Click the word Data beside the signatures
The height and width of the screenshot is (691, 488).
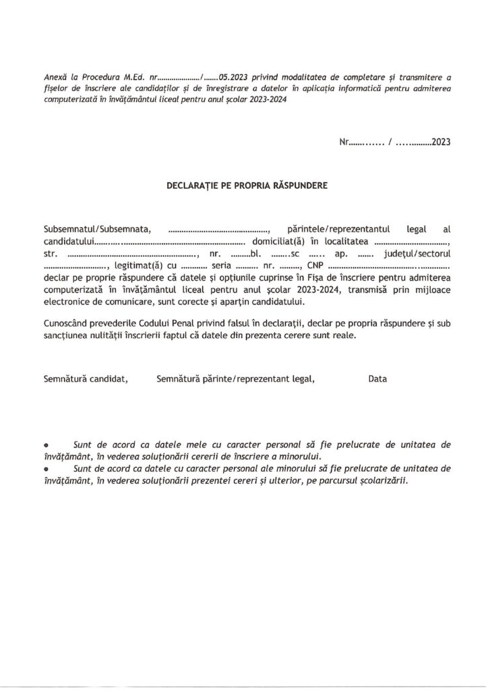tap(377, 380)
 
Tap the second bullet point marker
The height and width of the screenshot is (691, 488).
tap(46, 468)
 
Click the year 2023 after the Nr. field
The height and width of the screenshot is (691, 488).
tap(440, 142)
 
